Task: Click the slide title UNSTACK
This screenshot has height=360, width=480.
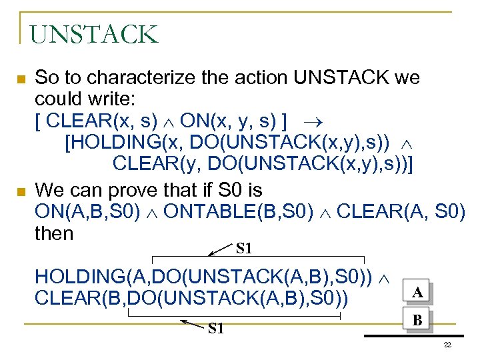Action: coord(94,34)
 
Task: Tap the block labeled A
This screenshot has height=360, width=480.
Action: coord(417,292)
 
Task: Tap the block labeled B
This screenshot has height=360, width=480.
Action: coord(417,320)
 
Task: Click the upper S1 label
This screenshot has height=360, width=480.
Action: coord(244,249)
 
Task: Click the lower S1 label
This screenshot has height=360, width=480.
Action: coord(216,328)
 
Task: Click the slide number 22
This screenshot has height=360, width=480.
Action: coord(447,344)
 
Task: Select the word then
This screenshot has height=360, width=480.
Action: coord(54,233)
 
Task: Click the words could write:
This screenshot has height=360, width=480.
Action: coord(85,100)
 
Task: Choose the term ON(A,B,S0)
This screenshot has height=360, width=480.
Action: coord(87,212)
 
